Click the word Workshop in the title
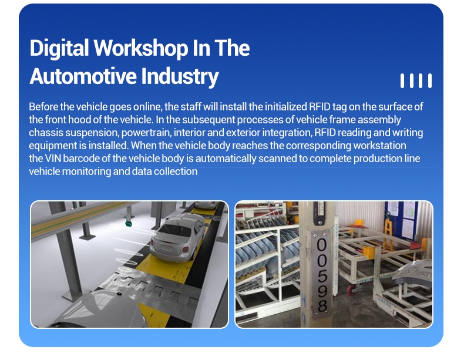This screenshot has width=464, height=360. click(141, 48)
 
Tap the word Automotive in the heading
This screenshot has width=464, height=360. click(83, 76)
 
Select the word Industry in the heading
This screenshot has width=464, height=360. click(180, 76)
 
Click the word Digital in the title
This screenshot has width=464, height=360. click(59, 49)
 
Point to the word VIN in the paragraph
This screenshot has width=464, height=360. click(53, 158)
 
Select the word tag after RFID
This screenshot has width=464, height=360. click(339, 107)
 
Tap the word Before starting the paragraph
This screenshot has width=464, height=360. click(43, 106)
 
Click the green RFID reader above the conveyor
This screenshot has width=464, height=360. click(129, 223)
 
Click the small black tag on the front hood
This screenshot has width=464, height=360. click(119, 293)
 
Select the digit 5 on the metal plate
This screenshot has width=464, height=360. click(322, 275)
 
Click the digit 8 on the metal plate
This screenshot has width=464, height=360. click(322, 306)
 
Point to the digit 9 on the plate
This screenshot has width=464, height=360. click(322, 291)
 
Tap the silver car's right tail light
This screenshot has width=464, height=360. click(186, 249)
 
